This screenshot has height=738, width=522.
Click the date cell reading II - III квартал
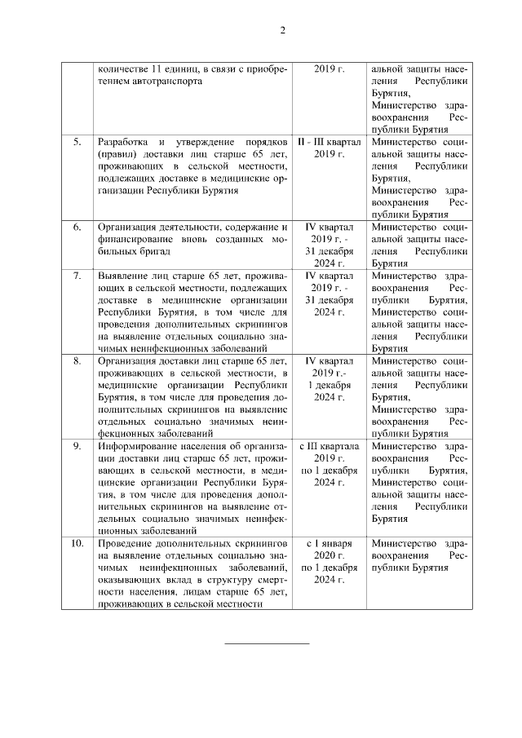coord(329,148)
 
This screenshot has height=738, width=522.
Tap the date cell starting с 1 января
coord(329,561)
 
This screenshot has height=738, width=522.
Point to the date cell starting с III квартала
coord(329,464)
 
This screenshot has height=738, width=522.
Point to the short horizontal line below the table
coord(267,643)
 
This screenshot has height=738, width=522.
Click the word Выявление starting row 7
coord(122,276)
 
